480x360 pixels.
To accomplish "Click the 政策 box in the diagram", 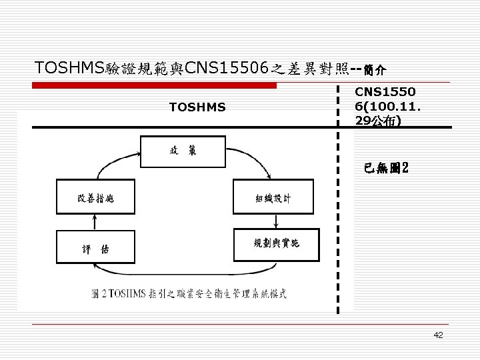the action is point(181,151).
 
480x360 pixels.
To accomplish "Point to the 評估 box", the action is point(97,248).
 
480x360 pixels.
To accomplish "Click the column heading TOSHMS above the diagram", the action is point(197,107).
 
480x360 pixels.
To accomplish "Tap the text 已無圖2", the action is point(390,167).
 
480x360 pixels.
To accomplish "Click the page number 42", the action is point(438,335).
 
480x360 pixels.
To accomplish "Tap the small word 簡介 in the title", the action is point(376,69).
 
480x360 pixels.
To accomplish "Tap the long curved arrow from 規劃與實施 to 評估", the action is point(187,273).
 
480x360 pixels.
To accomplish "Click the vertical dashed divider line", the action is point(338,200).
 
